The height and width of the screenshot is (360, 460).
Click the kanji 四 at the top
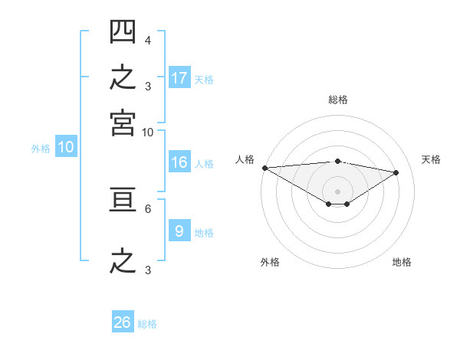pyautogui.click(x=123, y=31)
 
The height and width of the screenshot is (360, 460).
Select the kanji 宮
pyautogui.click(x=123, y=123)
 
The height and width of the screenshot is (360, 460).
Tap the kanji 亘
pyautogui.click(x=123, y=200)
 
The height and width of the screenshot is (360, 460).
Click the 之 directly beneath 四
pyautogui.click(x=123, y=77)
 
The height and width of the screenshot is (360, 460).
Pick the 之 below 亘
pyautogui.click(x=123, y=261)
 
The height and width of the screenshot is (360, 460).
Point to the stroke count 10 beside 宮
pyautogui.click(x=147, y=133)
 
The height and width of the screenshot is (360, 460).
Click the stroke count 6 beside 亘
pyautogui.click(x=148, y=209)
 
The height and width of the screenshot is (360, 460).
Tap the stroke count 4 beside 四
pyautogui.click(x=148, y=41)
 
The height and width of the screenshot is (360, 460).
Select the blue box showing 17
pyautogui.click(x=179, y=77)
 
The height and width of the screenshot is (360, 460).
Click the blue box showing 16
pyautogui.click(x=179, y=162)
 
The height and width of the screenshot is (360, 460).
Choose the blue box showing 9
pyautogui.click(x=179, y=230)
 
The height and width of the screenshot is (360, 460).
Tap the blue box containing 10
pyautogui.click(x=66, y=146)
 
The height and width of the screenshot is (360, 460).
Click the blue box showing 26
pyautogui.click(x=123, y=321)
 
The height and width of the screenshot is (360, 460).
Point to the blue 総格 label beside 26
pyautogui.click(x=147, y=324)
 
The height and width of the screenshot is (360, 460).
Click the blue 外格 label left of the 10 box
pyautogui.click(x=41, y=149)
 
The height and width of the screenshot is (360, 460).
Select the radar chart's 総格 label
pyautogui.click(x=338, y=100)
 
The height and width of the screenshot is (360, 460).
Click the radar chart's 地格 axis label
pyautogui.click(x=402, y=262)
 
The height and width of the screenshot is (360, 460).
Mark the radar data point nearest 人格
pyautogui.click(x=265, y=168)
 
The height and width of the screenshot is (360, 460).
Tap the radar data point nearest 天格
pyautogui.click(x=396, y=172)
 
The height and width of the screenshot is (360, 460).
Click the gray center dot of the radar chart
pyautogui.click(x=337, y=191)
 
